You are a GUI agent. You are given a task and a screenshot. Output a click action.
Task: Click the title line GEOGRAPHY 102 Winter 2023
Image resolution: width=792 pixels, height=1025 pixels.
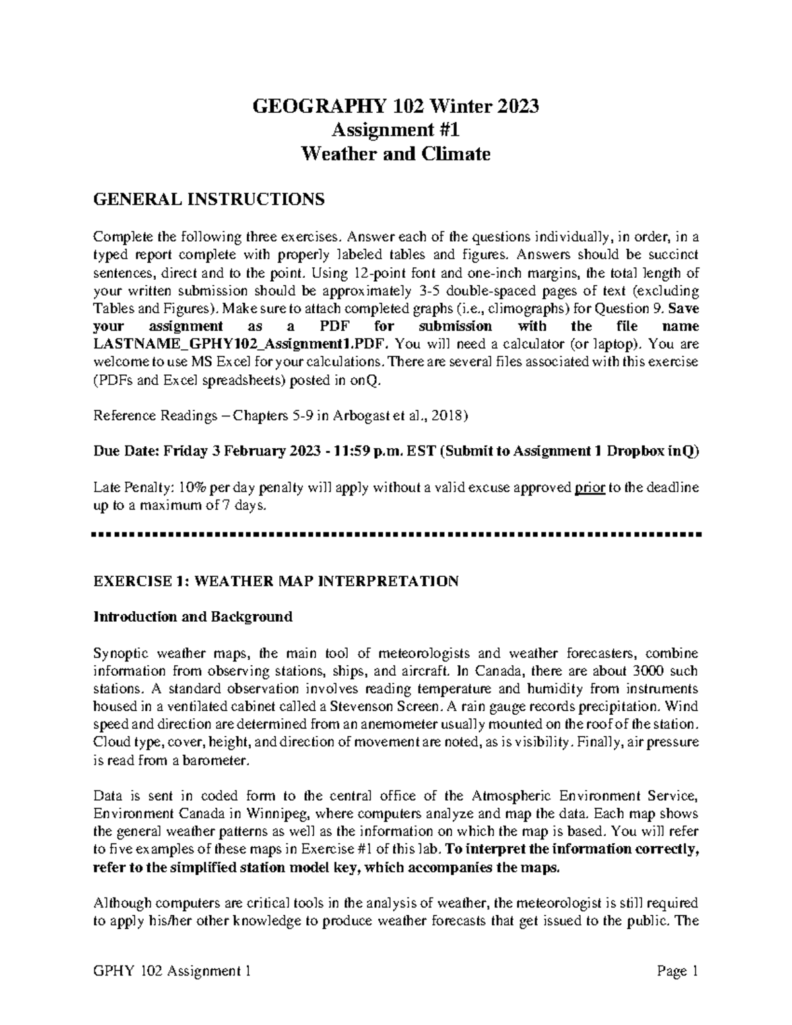pyautogui.click(x=396, y=106)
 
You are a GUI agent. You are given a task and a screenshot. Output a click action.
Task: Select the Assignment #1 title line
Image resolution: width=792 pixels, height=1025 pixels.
pyautogui.click(x=396, y=130)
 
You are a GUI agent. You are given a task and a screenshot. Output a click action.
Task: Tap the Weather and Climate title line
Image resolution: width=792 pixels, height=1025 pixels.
pyautogui.click(x=396, y=154)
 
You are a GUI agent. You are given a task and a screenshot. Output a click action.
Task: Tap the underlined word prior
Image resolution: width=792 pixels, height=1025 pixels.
pyautogui.click(x=589, y=488)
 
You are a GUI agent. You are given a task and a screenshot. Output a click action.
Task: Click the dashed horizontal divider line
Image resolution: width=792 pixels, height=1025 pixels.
pyautogui.click(x=396, y=533)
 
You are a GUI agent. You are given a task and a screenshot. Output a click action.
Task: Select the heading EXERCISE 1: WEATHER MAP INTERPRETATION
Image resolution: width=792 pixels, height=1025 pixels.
pyautogui.click(x=276, y=581)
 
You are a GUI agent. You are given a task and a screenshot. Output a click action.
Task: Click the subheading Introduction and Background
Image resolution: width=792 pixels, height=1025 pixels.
pyautogui.click(x=193, y=617)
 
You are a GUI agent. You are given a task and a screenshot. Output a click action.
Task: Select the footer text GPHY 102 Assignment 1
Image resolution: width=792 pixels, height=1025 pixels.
pyautogui.click(x=172, y=972)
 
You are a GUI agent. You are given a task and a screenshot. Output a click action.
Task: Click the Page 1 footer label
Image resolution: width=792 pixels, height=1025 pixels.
pyautogui.click(x=677, y=972)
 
